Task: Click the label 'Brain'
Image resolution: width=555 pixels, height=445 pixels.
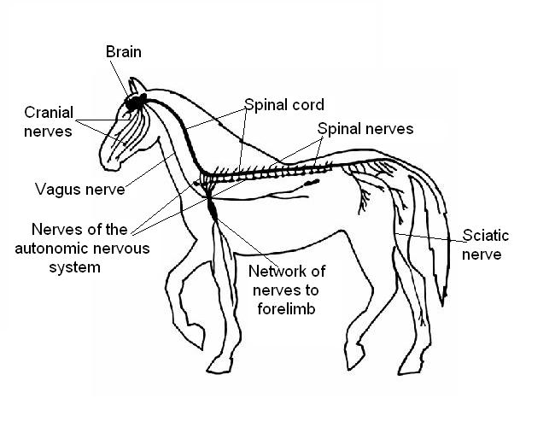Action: click(x=123, y=52)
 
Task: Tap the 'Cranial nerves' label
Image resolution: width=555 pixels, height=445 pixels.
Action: click(x=49, y=120)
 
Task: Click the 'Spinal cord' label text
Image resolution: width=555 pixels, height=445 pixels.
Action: click(x=284, y=105)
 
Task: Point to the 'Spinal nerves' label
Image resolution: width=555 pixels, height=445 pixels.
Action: click(x=365, y=129)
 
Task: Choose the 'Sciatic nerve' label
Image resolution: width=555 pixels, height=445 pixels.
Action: click(x=482, y=244)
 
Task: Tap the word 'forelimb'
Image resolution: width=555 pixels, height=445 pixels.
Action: click(x=287, y=309)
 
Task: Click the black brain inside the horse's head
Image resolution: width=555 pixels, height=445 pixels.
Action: click(x=135, y=104)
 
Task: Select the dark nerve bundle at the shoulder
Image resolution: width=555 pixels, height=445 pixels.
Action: click(x=213, y=207)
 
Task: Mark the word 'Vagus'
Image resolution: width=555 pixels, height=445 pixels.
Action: click(x=57, y=188)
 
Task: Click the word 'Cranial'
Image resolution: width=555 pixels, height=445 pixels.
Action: click(x=49, y=112)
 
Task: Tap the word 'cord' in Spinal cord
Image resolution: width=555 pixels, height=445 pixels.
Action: click(x=308, y=105)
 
